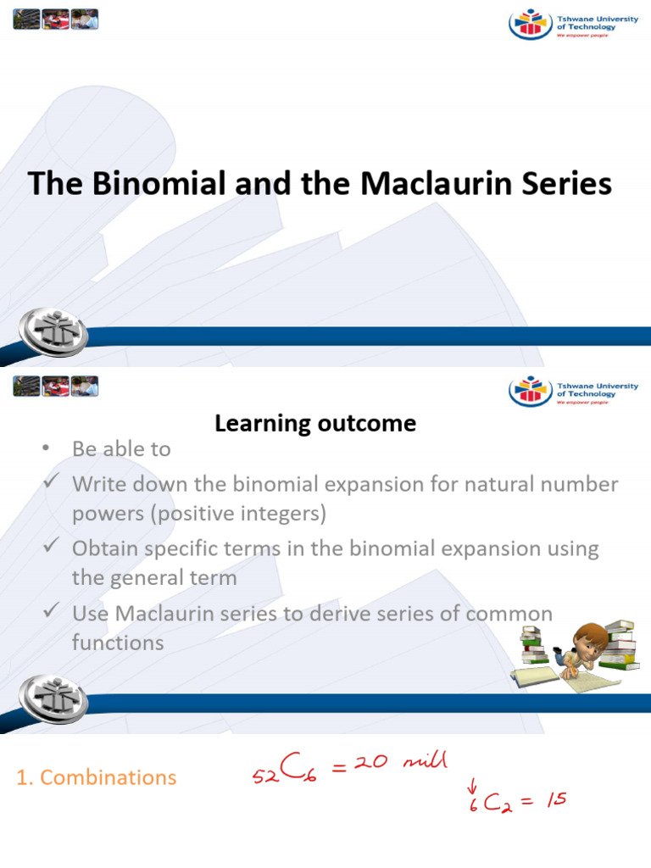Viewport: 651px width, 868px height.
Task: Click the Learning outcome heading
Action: click(x=315, y=423)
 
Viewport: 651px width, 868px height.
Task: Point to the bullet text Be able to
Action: click(x=121, y=449)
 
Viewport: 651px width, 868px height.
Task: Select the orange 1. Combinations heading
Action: click(x=97, y=776)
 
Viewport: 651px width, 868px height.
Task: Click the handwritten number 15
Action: click(x=555, y=798)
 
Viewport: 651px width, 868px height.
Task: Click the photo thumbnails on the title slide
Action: click(x=56, y=19)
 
